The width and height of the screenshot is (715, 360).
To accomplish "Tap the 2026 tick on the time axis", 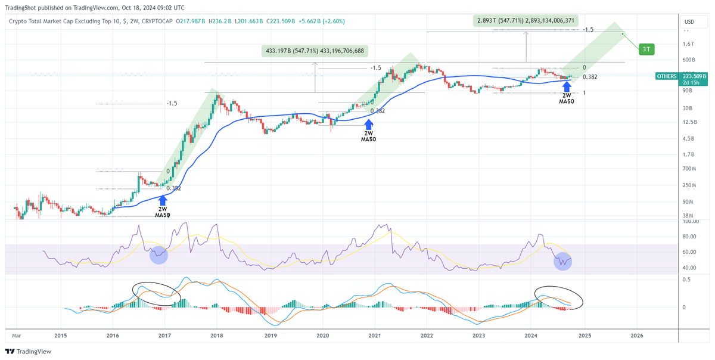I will pos(636,336).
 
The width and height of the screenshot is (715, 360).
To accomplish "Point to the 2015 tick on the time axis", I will pos(60,336).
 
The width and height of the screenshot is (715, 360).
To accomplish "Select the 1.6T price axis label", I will pos(688,44).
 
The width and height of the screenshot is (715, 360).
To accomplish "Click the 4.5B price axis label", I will pos(688,138).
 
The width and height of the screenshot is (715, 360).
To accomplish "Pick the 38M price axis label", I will pos(688,216).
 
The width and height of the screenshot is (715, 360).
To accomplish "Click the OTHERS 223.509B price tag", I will pos(681,76).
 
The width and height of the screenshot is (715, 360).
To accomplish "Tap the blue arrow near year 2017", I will pos(162,201).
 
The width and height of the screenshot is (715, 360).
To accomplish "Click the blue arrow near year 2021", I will pos(369,125).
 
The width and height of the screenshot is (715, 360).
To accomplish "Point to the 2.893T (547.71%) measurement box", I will pos(526,21).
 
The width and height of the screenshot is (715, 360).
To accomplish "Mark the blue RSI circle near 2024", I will pos(562,261).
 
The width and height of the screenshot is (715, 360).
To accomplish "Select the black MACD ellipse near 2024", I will pos(558,297).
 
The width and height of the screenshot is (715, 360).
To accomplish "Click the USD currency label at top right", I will pos(690,22).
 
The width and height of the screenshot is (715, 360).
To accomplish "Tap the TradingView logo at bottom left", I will pos(28,351).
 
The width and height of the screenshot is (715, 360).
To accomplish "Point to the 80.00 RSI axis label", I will pos(690,236).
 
